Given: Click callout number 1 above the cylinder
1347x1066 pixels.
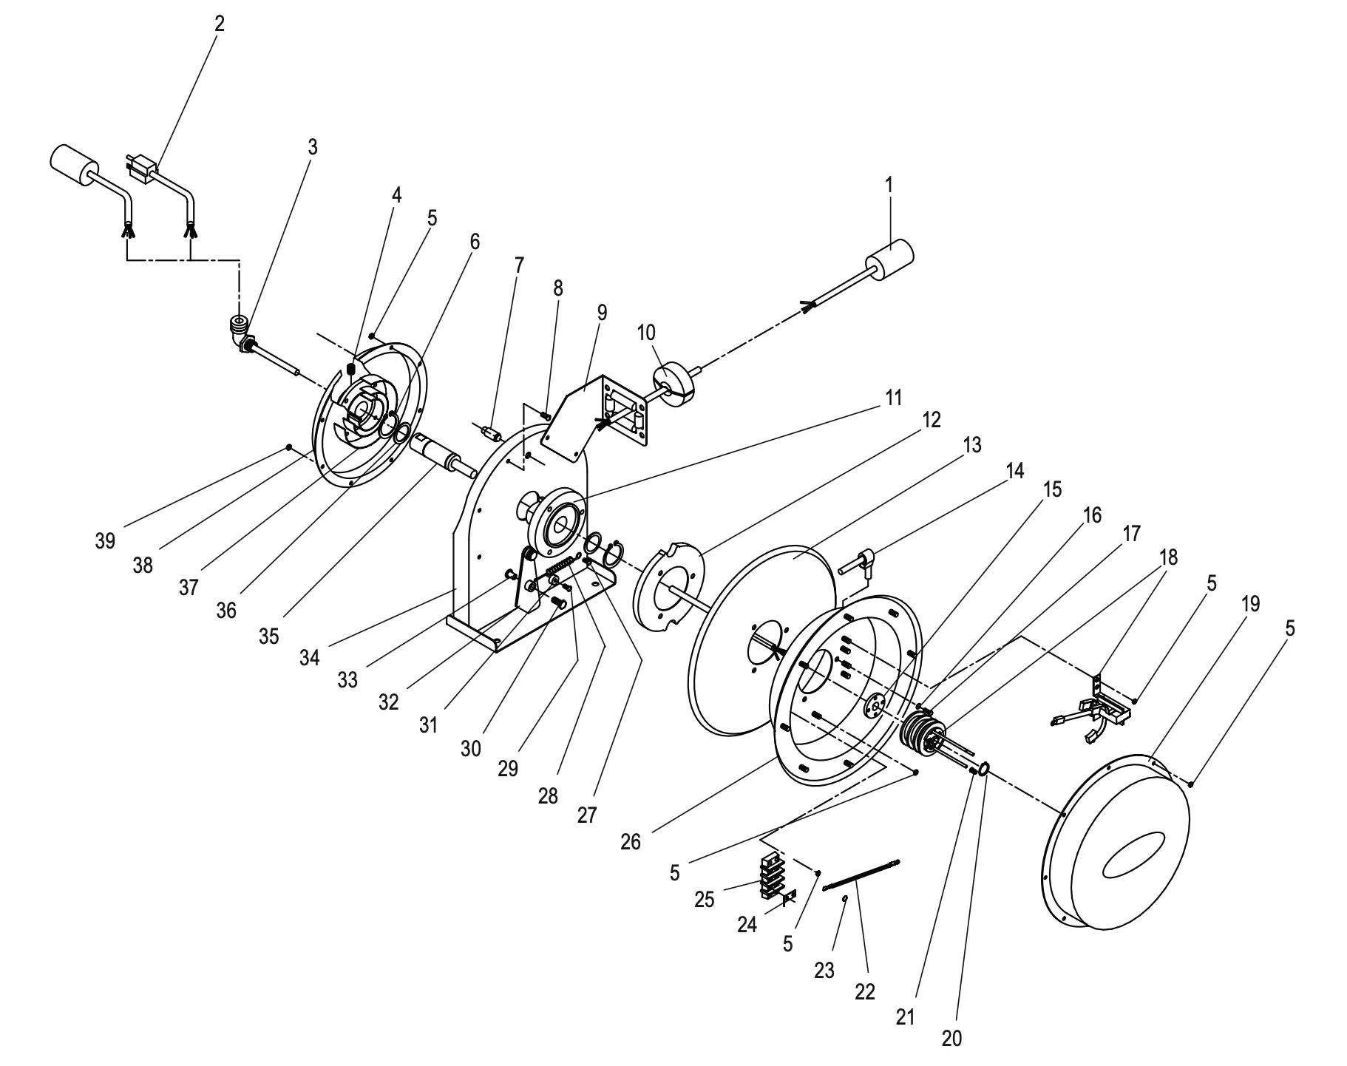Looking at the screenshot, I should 889,185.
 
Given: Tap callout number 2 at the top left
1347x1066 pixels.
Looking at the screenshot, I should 220,24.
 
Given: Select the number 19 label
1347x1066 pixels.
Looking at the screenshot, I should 1249,604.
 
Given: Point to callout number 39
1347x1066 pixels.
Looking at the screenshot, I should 105,541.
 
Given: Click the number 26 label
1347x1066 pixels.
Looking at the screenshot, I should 631,841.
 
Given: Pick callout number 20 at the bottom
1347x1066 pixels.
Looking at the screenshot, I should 952,1038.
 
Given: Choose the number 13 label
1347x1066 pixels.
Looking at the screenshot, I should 972,445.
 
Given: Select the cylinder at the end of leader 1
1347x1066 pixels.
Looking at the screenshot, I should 889,260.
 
